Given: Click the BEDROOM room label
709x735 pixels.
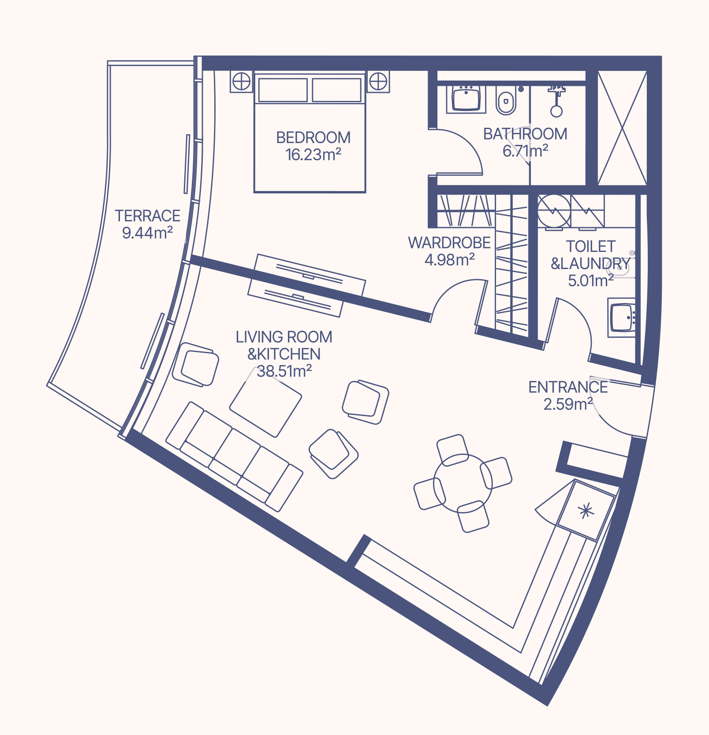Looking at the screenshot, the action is [x=313, y=137].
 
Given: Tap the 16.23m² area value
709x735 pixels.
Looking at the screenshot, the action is [x=313, y=155].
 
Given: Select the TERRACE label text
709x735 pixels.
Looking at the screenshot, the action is [x=148, y=216].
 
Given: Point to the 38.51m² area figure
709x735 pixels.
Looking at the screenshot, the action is [x=284, y=371].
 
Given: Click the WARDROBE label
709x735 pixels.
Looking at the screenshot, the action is [x=449, y=243].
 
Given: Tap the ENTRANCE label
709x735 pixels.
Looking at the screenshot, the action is [x=568, y=387].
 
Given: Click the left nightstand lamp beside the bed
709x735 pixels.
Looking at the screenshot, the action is [x=242, y=81].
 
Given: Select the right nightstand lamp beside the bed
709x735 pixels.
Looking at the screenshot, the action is [x=378, y=81].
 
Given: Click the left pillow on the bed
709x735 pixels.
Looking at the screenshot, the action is [x=283, y=90].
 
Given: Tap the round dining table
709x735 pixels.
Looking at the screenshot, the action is [x=463, y=483].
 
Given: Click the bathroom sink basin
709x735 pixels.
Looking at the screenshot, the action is [x=466, y=98].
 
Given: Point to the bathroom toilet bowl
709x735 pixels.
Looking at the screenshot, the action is [x=506, y=100].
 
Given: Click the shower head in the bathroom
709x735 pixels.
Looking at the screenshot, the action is [x=556, y=101].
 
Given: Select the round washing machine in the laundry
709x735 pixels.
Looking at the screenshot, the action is [x=554, y=211].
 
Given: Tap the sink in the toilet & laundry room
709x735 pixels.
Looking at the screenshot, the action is [x=622, y=317].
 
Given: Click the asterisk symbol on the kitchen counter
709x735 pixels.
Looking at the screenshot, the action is [x=586, y=511].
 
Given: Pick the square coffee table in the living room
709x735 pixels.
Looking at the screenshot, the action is [x=265, y=401].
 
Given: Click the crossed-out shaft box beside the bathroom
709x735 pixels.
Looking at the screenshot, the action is [x=622, y=128].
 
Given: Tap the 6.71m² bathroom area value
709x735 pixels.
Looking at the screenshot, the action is [x=525, y=151].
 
